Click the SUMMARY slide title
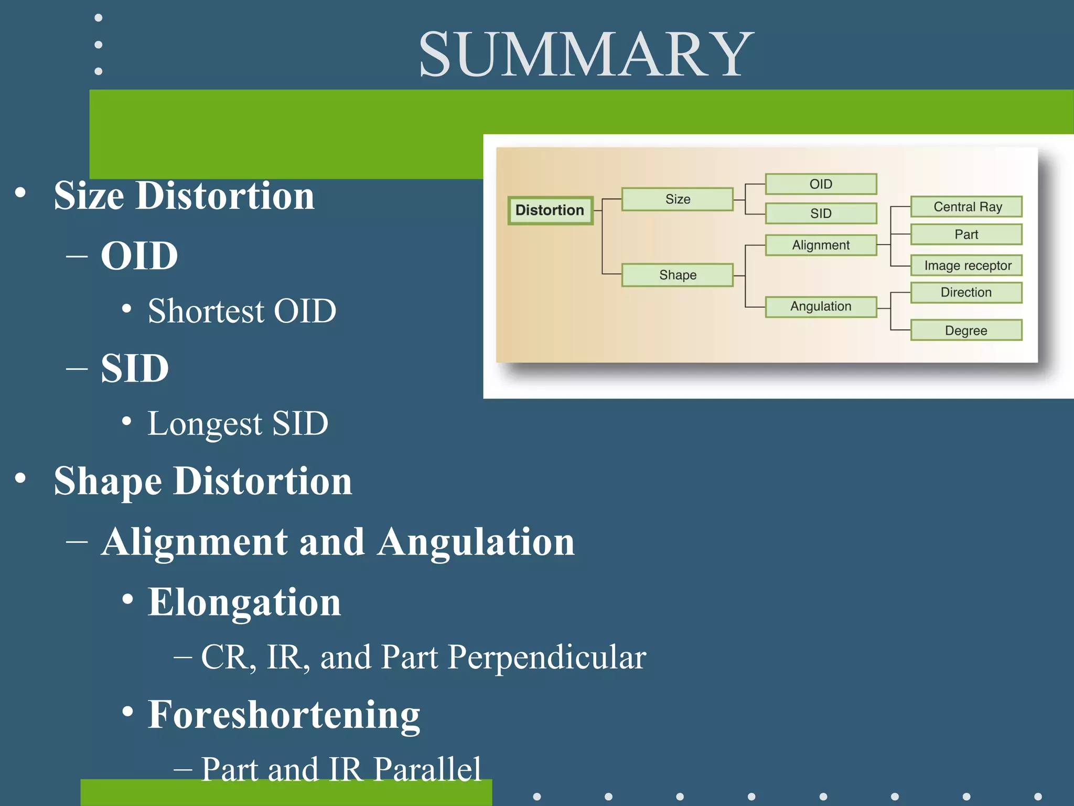pyautogui.click(x=586, y=55)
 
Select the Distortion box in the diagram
pyautogui.click(x=550, y=210)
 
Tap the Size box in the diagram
pyautogui.click(x=677, y=199)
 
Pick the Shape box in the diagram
pyautogui.click(x=677, y=275)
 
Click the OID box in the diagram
pyautogui.click(x=821, y=184)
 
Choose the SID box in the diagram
pyautogui.click(x=821, y=214)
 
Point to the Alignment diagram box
pyautogui.click(x=821, y=245)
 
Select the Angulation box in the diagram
pyautogui.click(x=821, y=306)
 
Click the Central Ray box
pyautogui.click(x=966, y=207)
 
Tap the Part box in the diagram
pyautogui.click(x=966, y=235)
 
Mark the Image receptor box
pyautogui.click(x=966, y=266)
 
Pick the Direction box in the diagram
pyautogui.click(x=966, y=292)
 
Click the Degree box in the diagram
pyautogui.click(x=966, y=331)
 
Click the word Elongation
pyautogui.click(x=244, y=602)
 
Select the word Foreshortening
pyautogui.click(x=284, y=715)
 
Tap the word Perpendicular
pyautogui.click(x=547, y=657)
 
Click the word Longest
pyautogui.click(x=205, y=423)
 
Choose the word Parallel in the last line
pyautogui.click(x=427, y=770)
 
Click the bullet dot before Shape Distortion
pyautogui.click(x=20, y=478)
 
